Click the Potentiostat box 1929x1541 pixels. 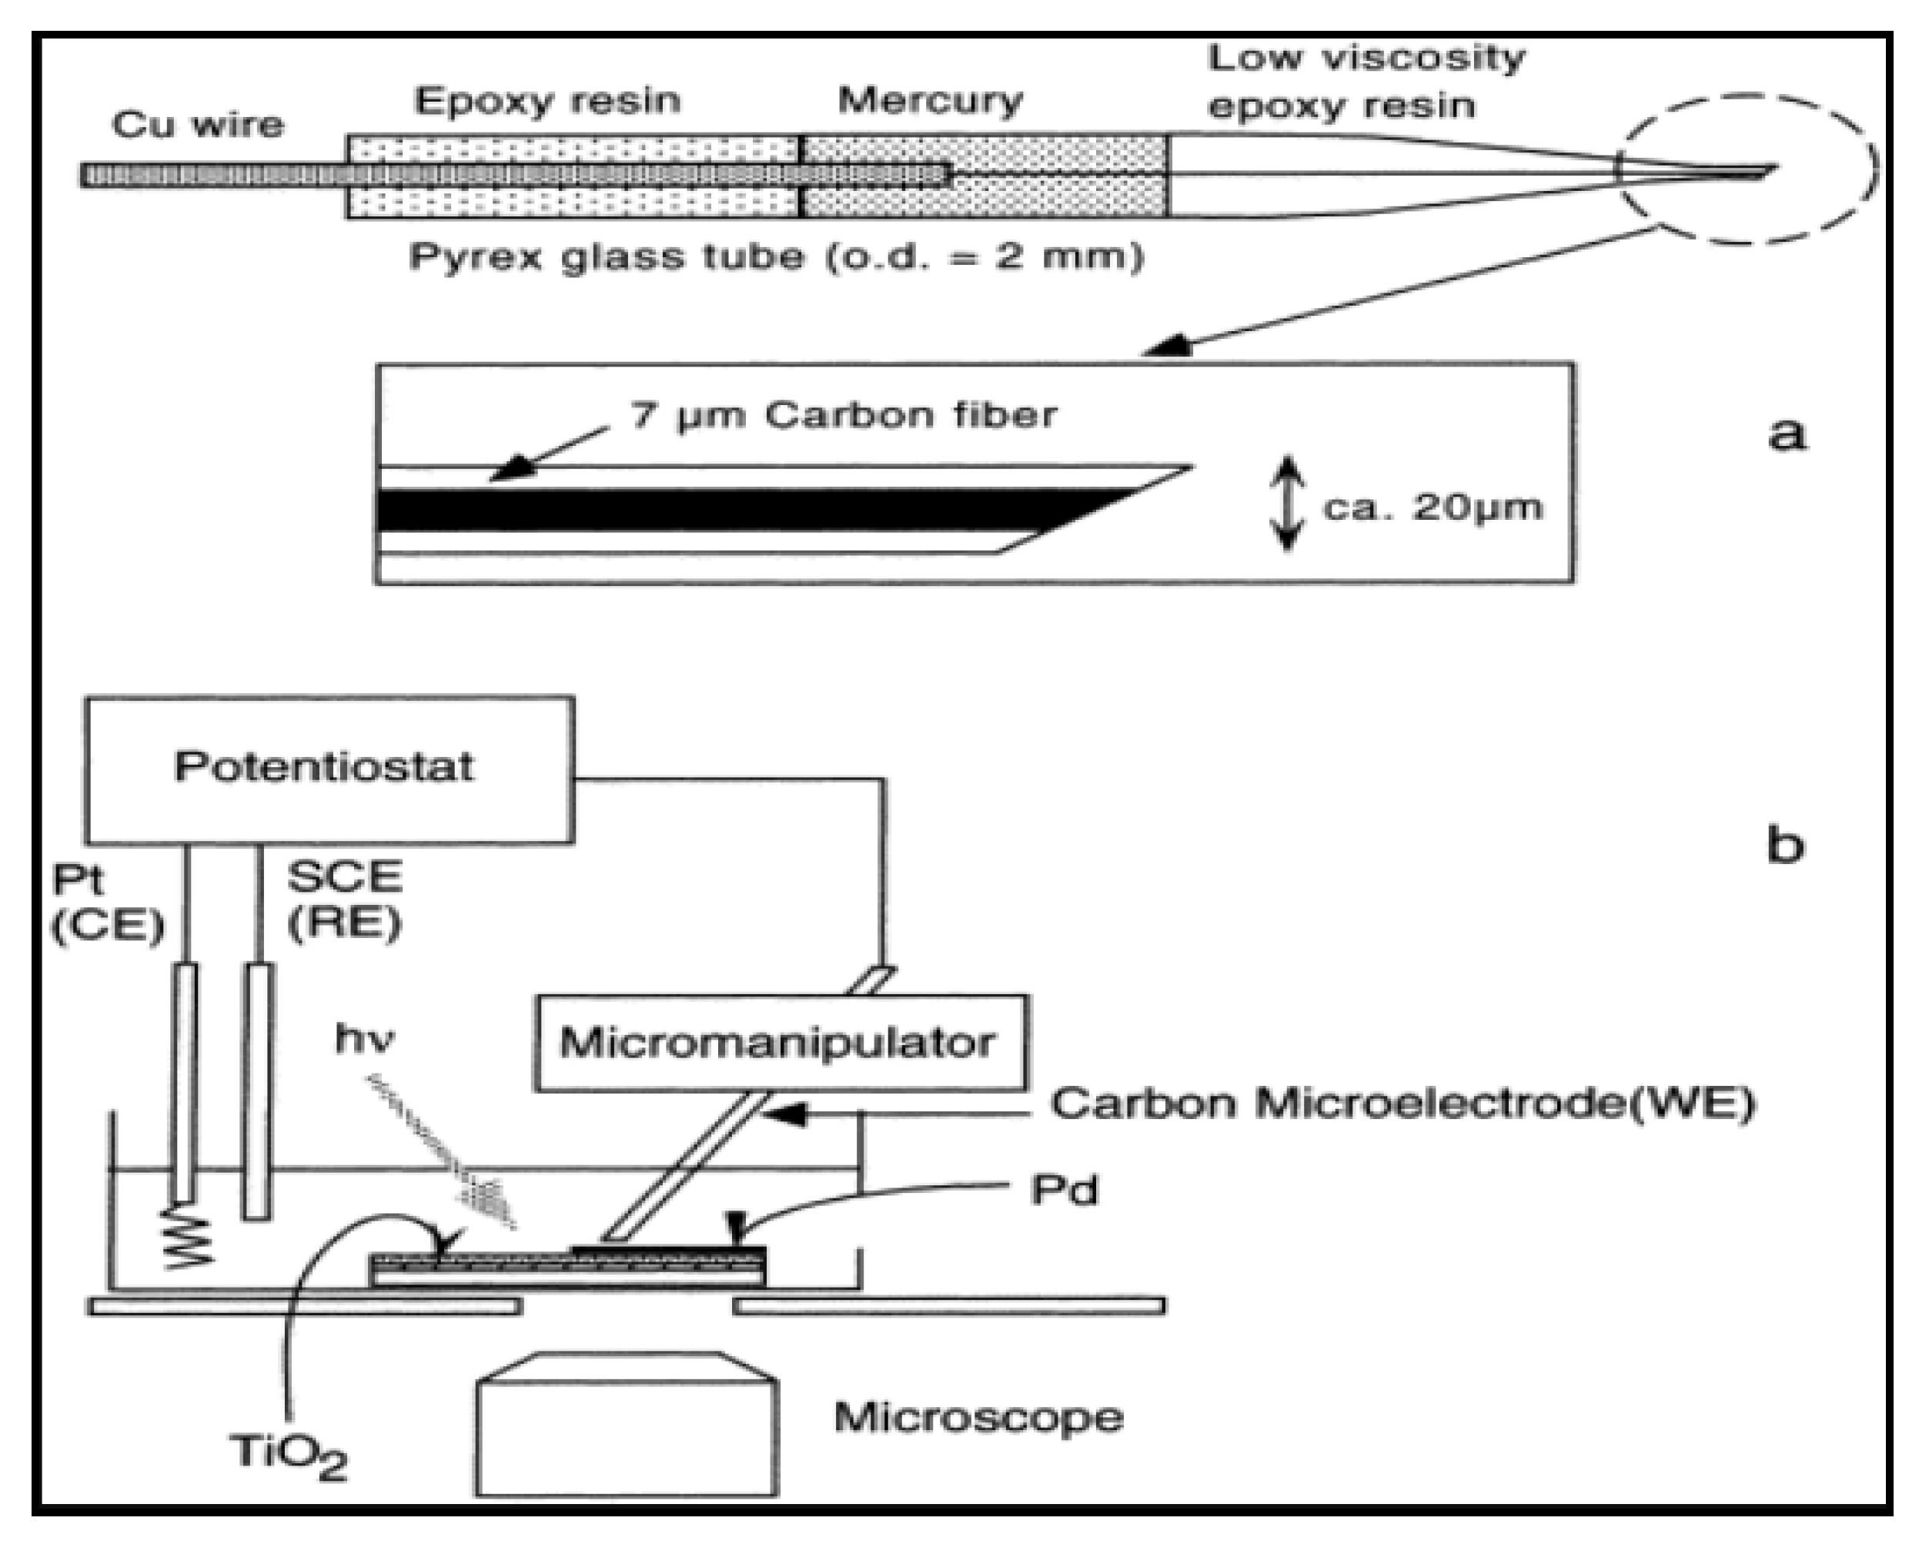[329, 768]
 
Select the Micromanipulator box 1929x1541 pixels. [781, 1043]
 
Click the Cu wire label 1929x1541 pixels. [197, 125]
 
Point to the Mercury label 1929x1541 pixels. [930, 100]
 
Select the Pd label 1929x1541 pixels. [1064, 1190]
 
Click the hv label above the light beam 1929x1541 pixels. [363, 1039]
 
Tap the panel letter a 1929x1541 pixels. [1786, 434]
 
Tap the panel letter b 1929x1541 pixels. [1784, 844]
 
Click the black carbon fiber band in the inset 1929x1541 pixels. [716, 510]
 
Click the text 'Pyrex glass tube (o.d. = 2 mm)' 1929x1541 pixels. [776, 258]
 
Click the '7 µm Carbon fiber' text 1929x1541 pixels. [843, 415]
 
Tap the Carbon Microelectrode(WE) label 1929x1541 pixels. [1402, 1104]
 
